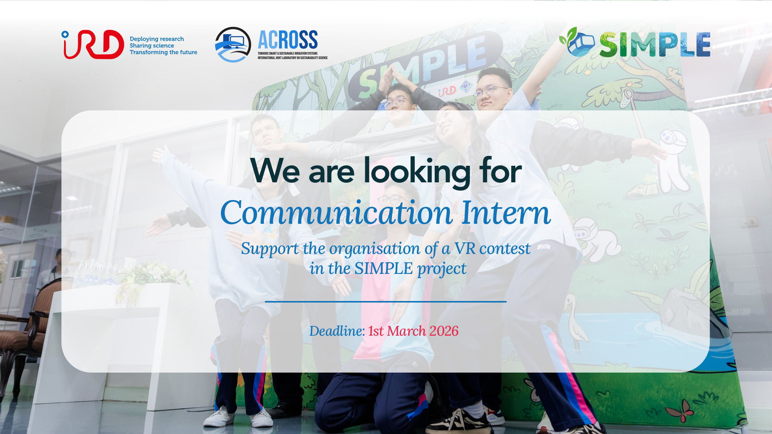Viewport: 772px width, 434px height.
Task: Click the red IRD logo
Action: [x=93, y=44]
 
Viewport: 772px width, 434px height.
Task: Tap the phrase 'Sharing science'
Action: [x=152, y=46]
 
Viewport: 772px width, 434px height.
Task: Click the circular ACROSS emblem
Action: [x=233, y=44]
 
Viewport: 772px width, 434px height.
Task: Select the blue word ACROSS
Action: [x=288, y=40]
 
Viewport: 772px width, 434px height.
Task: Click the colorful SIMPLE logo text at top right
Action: [x=655, y=45]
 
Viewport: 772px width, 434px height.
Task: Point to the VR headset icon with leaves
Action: [x=577, y=42]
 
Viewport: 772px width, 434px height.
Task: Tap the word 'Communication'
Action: [x=337, y=213]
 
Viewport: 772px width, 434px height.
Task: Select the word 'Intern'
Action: [x=506, y=213]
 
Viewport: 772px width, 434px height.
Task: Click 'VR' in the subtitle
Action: [x=465, y=249]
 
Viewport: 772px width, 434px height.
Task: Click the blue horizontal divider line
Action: [x=386, y=302]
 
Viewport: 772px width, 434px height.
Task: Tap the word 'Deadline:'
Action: [x=337, y=331]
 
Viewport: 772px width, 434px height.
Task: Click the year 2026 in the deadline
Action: [x=444, y=331]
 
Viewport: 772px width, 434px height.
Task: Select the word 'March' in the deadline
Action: [x=406, y=331]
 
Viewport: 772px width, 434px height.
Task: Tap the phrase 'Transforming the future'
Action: [x=164, y=52]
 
